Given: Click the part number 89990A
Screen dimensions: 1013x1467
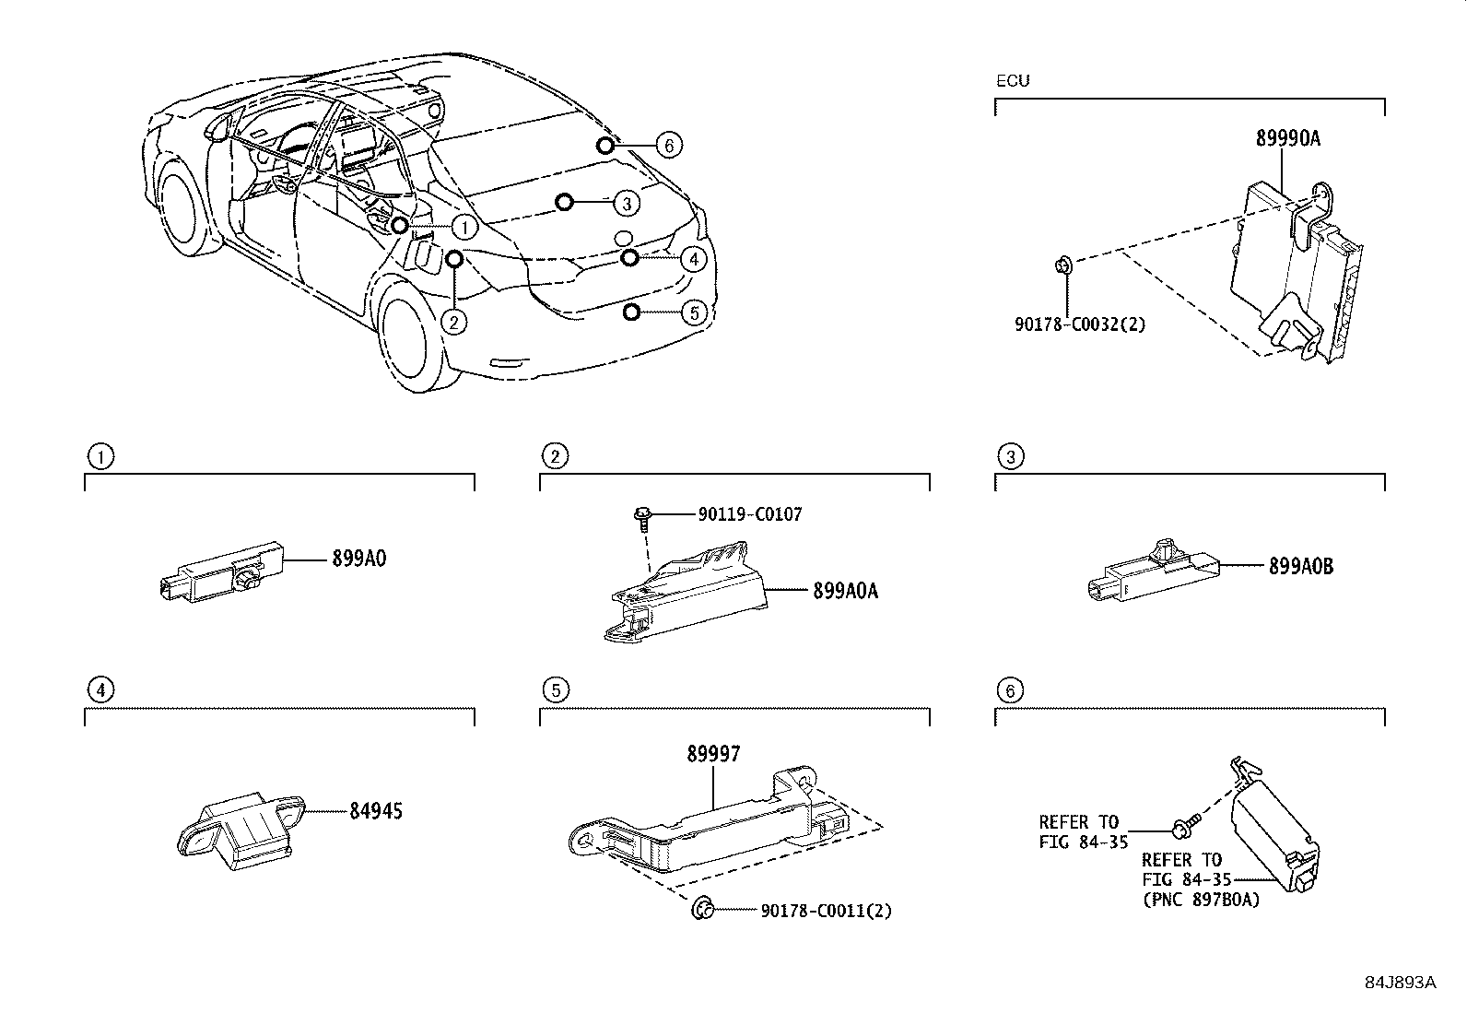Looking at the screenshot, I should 1287,138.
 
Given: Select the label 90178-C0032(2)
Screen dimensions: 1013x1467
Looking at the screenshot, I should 1075,324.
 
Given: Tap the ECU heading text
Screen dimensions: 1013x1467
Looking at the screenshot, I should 1013,81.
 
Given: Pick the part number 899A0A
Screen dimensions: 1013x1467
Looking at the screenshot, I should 845,591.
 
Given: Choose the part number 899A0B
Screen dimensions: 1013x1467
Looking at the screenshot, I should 1300,567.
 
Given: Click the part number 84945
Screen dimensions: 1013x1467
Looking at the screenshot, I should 376,811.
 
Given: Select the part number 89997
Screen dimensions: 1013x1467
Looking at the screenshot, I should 713,754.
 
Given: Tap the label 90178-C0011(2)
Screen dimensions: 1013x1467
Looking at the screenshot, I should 827,911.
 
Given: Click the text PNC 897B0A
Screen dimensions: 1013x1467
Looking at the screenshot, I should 1201,900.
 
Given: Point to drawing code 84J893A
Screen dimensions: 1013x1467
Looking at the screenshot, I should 1400,982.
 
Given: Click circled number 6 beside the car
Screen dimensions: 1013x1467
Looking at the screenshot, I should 670,145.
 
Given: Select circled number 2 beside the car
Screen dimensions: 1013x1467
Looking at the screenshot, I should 453,321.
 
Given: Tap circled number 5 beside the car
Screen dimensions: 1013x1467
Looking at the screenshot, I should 694,312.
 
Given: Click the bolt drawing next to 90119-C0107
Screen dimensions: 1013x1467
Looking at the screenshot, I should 642,517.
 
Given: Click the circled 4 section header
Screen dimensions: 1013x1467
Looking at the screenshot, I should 100,689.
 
